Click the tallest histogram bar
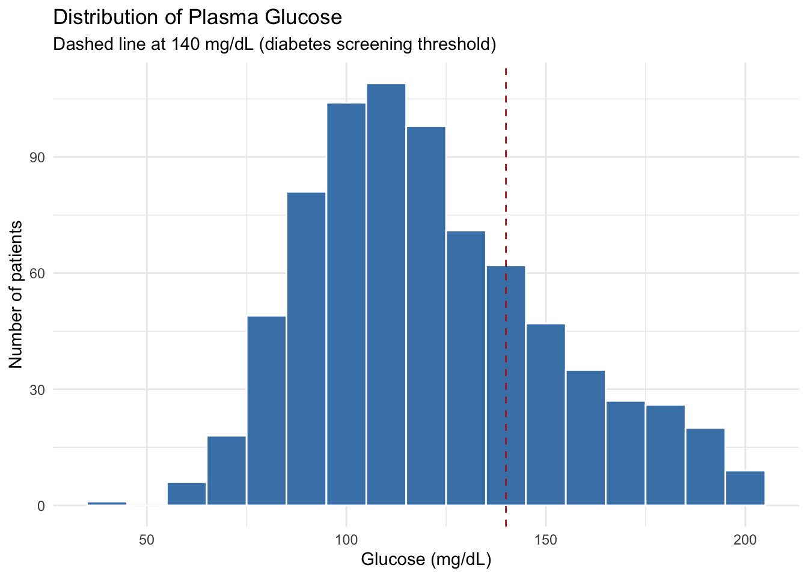click(386, 295)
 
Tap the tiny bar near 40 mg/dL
click(107, 503)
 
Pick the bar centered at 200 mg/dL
click(745, 488)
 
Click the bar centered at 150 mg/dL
click(546, 415)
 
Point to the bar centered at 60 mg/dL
click(187, 494)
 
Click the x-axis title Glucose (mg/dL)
click(426, 560)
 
